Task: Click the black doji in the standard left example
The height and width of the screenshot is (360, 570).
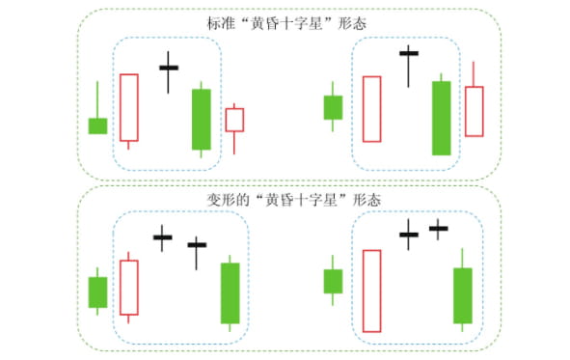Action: (169, 68)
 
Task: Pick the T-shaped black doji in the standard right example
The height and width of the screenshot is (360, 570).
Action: (409, 54)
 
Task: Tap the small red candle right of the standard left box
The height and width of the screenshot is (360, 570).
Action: (234, 120)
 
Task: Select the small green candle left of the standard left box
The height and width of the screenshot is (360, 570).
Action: (97, 125)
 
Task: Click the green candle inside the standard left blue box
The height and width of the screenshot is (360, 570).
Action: (201, 119)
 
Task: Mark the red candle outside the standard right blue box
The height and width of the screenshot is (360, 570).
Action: (474, 111)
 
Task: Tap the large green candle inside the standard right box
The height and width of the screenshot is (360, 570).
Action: (442, 118)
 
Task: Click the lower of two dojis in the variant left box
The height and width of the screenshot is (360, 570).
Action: (197, 245)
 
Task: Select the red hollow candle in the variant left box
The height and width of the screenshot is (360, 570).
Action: (129, 287)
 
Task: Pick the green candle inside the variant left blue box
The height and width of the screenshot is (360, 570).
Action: (230, 292)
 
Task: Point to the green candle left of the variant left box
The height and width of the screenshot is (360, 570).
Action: (97, 291)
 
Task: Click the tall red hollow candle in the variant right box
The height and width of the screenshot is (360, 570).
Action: (372, 290)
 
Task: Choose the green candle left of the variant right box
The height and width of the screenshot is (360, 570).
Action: (333, 281)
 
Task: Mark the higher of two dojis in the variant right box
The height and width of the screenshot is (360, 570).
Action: (439, 229)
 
